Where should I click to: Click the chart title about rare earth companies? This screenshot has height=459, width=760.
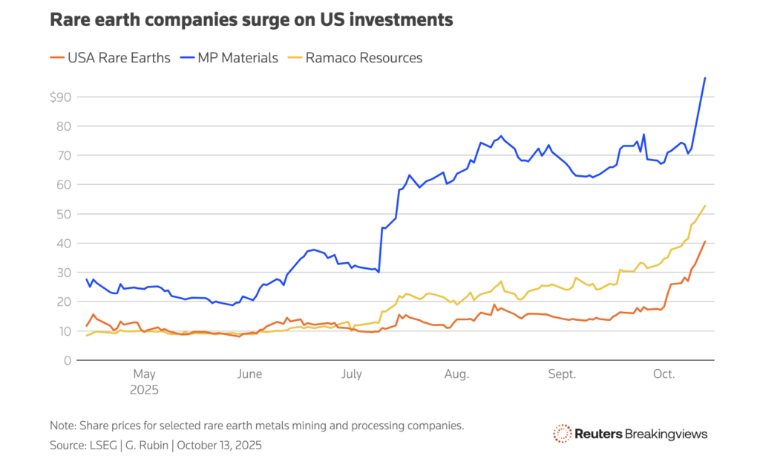[x=251, y=20]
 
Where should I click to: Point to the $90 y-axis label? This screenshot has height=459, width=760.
[x=62, y=97]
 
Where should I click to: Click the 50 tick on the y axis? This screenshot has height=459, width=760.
[x=64, y=214]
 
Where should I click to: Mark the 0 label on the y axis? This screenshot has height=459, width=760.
[x=68, y=360]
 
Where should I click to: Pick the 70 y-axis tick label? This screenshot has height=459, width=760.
[x=64, y=155]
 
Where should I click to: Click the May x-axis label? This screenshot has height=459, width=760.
[x=144, y=374]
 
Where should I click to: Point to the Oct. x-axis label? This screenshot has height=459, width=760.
[x=664, y=374]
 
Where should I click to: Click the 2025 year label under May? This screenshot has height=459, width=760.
[x=145, y=388]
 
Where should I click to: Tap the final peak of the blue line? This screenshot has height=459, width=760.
[x=704, y=78]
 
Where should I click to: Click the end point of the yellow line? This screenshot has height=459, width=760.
[x=704, y=206]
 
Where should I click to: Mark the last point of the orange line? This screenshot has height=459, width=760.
[x=704, y=241]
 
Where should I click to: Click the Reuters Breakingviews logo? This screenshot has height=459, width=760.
[x=630, y=433]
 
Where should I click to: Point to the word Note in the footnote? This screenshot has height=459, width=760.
[x=63, y=426]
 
